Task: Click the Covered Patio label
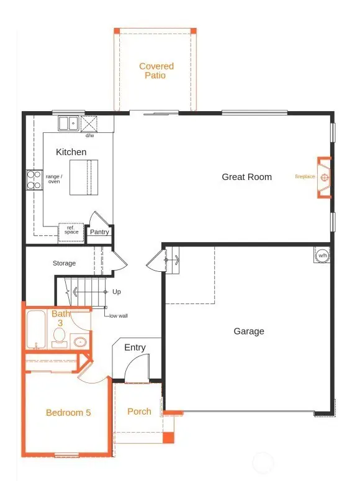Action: coord(156,71)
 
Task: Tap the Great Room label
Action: coord(246,177)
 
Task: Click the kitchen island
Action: coord(83,177)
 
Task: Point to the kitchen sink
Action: coord(68,124)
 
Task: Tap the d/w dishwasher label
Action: coord(89,135)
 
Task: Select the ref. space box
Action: coord(70,230)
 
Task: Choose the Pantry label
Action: coord(99,232)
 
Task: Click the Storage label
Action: coord(64,264)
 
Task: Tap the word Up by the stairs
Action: coord(116,292)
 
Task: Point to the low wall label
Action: coord(119,316)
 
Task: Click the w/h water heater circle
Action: coord(322,255)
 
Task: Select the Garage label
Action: coord(248,331)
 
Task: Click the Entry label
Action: coord(135,348)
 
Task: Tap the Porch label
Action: coord(139,411)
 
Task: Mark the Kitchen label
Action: coord(71,152)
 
